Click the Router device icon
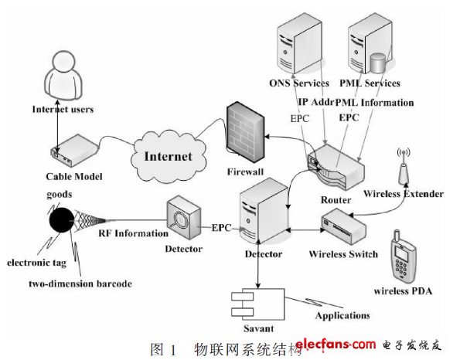click(335, 170)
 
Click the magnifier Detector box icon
click(184, 220)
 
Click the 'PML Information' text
click(376, 102)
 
